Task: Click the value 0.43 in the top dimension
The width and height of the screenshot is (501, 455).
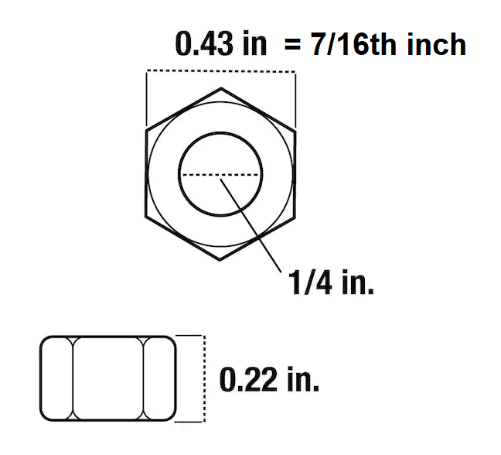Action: (203, 44)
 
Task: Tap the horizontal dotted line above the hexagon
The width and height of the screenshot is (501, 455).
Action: (220, 72)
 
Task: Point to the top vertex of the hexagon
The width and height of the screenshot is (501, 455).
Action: (220, 87)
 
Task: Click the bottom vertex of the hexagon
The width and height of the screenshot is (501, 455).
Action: (220, 262)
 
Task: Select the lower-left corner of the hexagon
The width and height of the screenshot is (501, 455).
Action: (146, 217)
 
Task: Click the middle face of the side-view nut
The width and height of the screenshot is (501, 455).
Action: (108, 378)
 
